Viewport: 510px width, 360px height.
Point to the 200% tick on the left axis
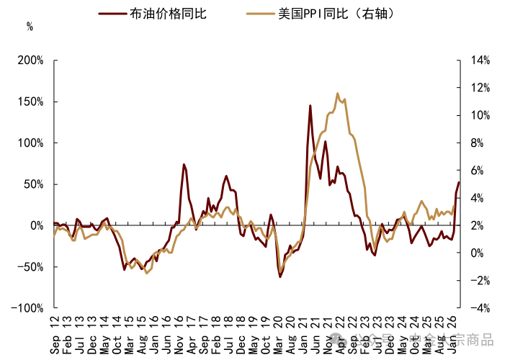[x=32, y=60]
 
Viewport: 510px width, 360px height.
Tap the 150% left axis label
[x=32, y=102]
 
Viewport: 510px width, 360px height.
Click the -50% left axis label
[x=32, y=266]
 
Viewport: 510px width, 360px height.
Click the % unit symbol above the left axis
[x=30, y=27]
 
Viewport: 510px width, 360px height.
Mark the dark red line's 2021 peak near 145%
[x=310, y=106]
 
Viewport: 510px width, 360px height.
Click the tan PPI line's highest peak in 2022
[x=337, y=94]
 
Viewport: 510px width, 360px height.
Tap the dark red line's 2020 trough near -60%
[x=280, y=276]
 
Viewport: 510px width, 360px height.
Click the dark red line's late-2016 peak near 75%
[x=184, y=165]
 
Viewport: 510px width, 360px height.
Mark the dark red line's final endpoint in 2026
[x=459, y=182]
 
